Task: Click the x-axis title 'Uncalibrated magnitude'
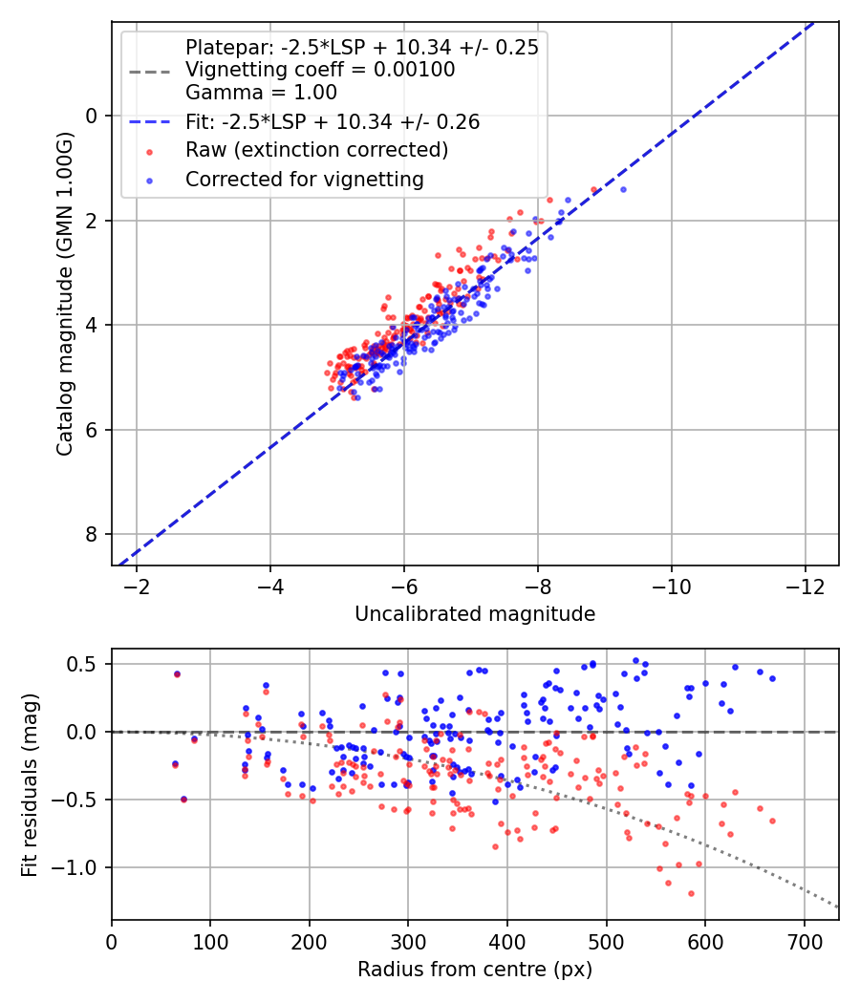(475, 614)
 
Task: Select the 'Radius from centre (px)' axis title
(475, 970)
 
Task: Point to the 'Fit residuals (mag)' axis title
(30, 784)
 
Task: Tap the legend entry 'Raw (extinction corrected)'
(316, 150)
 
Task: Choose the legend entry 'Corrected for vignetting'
(305, 179)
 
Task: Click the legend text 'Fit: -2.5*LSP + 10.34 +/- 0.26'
(333, 121)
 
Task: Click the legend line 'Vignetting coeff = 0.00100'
(320, 70)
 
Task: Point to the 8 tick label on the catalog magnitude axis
(93, 534)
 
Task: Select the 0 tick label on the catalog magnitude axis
(93, 116)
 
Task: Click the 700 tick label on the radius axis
(804, 940)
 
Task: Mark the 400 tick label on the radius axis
(507, 940)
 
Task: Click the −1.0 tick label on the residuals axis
(79, 867)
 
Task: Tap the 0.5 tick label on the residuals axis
(84, 664)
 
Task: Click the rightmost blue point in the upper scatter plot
(623, 189)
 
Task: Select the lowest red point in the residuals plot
(691, 893)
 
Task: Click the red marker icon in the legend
(149, 151)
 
